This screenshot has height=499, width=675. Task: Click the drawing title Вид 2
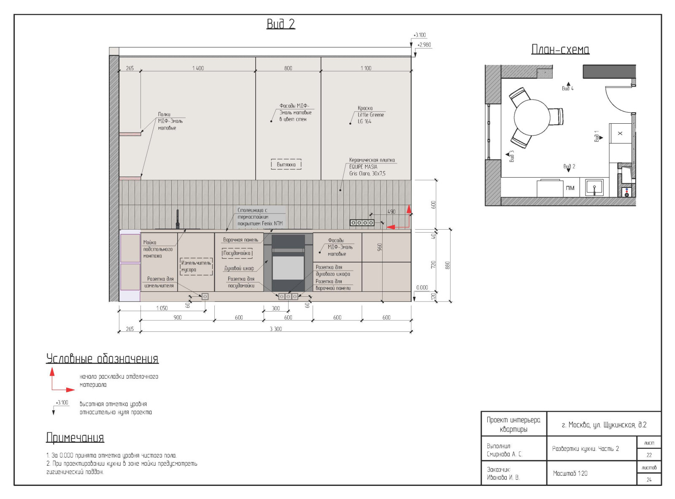click(x=281, y=24)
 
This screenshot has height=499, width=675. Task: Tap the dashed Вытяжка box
click(x=286, y=164)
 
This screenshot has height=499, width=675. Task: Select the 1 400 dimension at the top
click(x=198, y=68)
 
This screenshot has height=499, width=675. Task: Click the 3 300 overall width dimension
click(x=276, y=329)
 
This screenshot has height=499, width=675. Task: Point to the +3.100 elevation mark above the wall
click(x=420, y=35)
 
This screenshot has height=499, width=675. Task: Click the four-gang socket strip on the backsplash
click(x=362, y=222)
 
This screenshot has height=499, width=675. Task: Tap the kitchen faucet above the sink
click(x=178, y=219)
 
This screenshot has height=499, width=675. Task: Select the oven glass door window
click(x=288, y=268)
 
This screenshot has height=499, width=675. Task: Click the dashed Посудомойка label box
click(x=237, y=253)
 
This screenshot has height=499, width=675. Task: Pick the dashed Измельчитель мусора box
click(x=196, y=266)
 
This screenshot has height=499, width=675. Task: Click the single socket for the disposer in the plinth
click(x=205, y=296)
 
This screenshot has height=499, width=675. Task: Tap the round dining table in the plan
click(x=532, y=117)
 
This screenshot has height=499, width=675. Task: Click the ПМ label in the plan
click(x=570, y=188)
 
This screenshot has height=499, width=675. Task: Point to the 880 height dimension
click(x=447, y=266)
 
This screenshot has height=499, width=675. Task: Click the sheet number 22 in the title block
click(x=649, y=455)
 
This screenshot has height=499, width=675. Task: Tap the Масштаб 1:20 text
click(x=570, y=473)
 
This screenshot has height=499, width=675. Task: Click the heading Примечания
click(x=75, y=437)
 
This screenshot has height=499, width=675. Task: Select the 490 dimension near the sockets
click(x=391, y=212)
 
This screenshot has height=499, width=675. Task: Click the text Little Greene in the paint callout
click(x=371, y=115)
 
